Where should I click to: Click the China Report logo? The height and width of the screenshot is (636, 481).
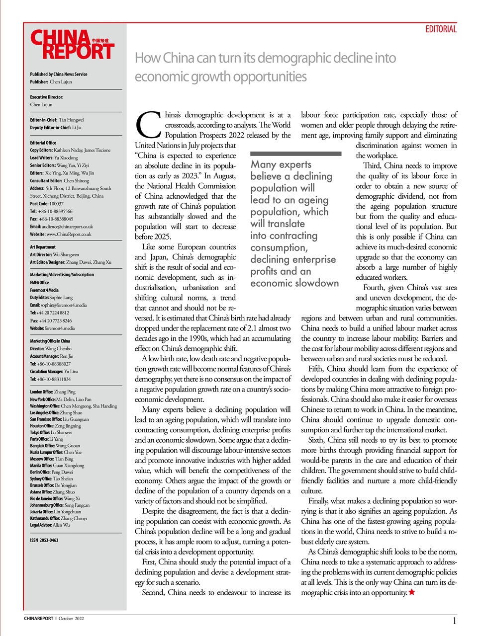72,45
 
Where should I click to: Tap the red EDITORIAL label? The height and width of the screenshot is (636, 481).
440,29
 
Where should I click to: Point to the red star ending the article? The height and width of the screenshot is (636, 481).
411,592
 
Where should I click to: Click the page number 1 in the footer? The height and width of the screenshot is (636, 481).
454,621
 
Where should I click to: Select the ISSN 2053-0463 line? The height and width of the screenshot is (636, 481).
44,540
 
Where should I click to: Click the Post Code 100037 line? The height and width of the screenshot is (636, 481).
47,204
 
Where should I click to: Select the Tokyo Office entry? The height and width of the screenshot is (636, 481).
51,432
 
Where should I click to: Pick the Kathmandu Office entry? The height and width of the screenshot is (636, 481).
58,518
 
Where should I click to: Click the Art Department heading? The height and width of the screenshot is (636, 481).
43,247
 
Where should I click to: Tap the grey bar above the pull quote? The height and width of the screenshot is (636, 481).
295,154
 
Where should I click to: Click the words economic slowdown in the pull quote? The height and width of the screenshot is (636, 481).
294,283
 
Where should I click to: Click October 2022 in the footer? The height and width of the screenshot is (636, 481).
71,619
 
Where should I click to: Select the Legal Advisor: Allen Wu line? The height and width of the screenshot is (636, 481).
50,525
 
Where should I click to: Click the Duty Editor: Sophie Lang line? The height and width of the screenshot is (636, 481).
51,297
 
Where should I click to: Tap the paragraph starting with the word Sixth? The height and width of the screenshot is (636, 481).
379,465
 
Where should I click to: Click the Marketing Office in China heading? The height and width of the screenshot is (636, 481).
50,341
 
